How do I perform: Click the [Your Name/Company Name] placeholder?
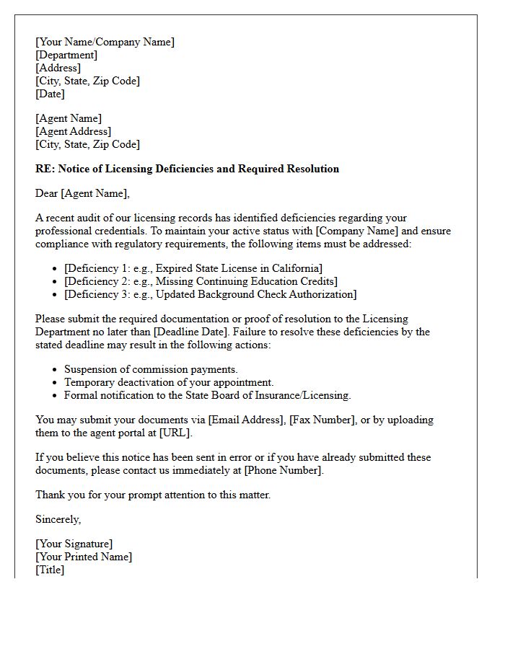click(x=105, y=42)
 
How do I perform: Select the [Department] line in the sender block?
click(x=66, y=55)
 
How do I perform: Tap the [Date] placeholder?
click(x=50, y=94)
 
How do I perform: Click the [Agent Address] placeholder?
click(x=73, y=131)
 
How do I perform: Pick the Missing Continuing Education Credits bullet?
click(x=201, y=281)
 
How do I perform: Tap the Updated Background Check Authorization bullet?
click(x=210, y=294)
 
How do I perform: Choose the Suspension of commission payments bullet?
click(x=151, y=369)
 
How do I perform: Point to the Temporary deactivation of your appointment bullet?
click(x=169, y=382)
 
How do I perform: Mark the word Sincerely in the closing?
click(x=58, y=519)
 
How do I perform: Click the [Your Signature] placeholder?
click(x=74, y=544)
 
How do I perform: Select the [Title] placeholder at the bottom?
click(x=50, y=570)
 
